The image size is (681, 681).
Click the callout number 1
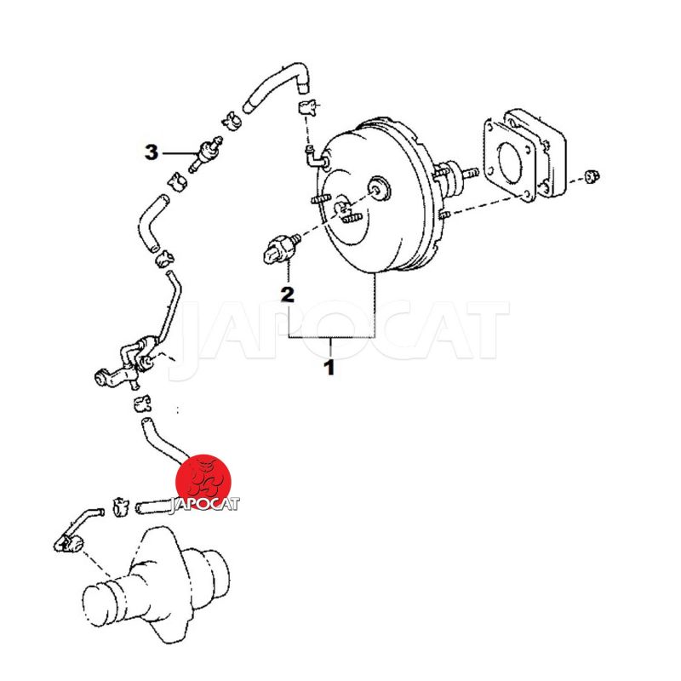(330, 367)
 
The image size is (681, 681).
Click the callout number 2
(288, 295)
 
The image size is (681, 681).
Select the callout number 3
(152, 152)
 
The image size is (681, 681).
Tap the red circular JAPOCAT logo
(203, 482)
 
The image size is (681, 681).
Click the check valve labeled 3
(205, 154)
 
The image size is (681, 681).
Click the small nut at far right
(591, 176)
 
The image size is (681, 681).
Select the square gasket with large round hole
(509, 159)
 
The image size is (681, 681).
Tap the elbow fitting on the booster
(316, 157)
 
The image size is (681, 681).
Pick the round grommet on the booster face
(379, 188)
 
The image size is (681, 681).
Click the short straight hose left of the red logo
(154, 506)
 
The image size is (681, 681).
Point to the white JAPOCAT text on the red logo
(204, 505)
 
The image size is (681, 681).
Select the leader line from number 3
(181, 153)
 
